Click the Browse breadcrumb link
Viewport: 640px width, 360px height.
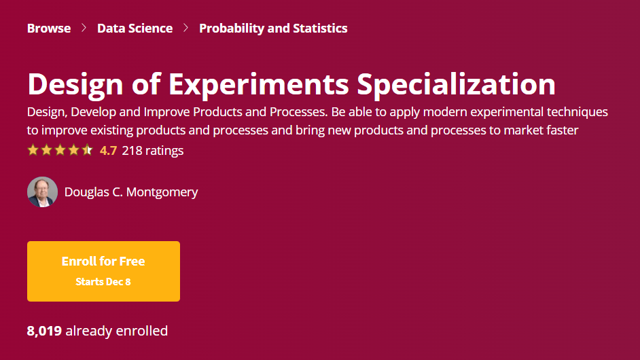48,28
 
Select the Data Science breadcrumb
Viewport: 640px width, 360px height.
135,28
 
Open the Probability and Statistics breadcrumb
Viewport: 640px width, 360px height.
273,29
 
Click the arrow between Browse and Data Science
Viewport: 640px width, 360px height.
84,28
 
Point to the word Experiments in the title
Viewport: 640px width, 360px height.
259,85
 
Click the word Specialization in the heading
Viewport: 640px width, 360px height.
457,85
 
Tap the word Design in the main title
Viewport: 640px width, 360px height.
75,85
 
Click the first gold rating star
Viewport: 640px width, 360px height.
33,150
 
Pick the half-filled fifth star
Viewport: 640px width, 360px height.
87,150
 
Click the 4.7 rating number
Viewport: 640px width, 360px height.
108,151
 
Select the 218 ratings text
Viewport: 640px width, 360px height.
153,151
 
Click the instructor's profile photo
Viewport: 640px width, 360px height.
42,192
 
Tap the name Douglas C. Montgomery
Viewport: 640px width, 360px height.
131,192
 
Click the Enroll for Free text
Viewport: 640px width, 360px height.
103,262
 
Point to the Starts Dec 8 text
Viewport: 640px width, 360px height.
103,282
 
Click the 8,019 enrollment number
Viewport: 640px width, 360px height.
44,331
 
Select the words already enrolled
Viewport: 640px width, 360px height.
117,331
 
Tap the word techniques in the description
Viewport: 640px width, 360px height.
577,112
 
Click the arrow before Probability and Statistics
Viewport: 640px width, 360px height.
185,28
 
